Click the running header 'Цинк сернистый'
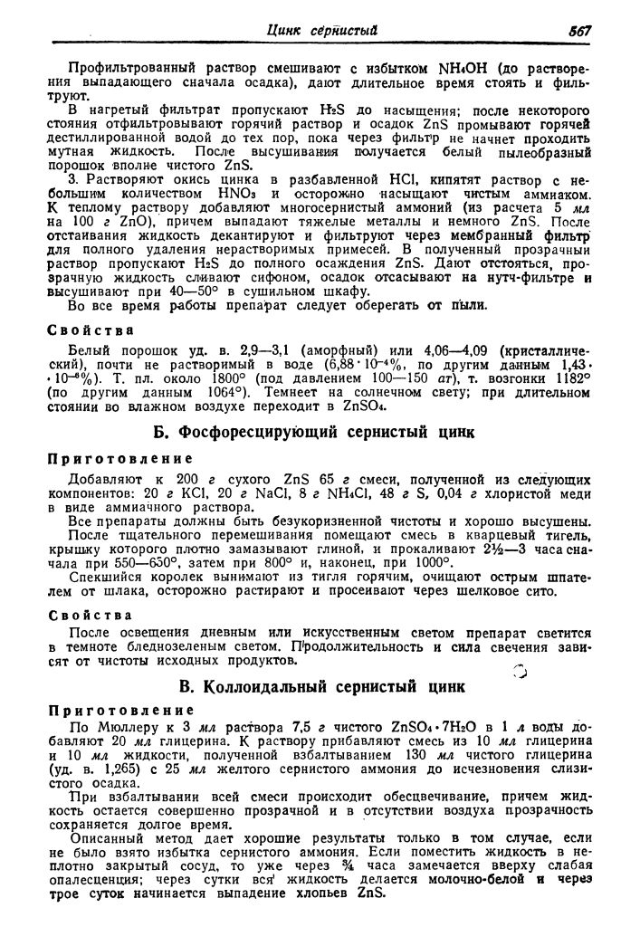pos(322,31)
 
